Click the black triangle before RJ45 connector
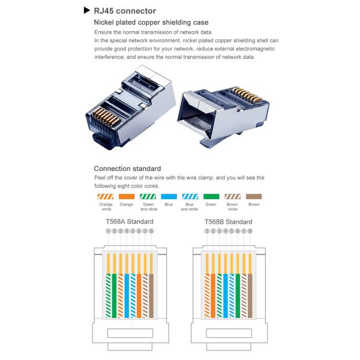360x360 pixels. (86, 10)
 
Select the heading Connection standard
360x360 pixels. (127, 169)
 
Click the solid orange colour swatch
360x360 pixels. (127, 197)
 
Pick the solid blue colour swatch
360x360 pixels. (169, 197)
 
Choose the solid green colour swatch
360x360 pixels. (211, 197)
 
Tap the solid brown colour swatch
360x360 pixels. (254, 197)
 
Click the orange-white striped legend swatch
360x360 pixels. (106, 197)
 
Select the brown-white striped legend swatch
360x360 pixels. (233, 197)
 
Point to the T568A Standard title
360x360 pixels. (130, 221)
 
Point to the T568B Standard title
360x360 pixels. (229, 222)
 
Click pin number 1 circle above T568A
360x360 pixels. (109, 231)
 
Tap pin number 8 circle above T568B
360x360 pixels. (250, 231)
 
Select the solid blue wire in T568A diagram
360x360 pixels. (127, 296)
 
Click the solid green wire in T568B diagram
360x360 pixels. (238, 296)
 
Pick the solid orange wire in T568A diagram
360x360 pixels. (139, 296)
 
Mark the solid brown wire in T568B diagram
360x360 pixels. (250, 296)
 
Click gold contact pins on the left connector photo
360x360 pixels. (106, 116)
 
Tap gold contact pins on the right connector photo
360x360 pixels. (247, 95)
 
